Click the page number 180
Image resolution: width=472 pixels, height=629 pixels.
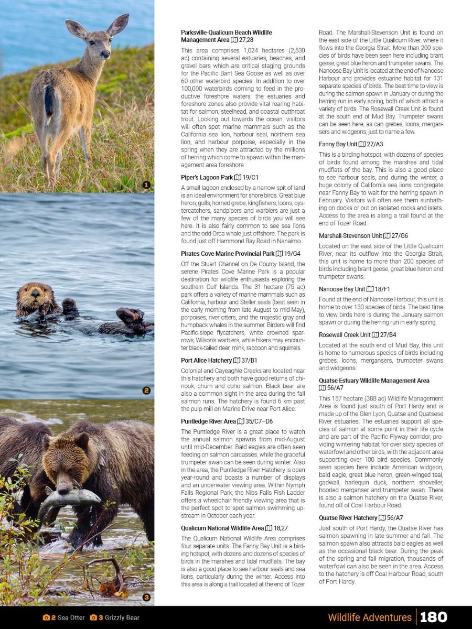pyautogui.click(x=433, y=617)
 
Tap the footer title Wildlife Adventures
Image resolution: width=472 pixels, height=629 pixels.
pyautogui.click(x=369, y=617)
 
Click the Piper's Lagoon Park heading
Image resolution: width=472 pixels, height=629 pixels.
pyautogui.click(x=206, y=178)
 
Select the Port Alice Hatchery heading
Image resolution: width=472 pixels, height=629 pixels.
pyautogui.click(x=206, y=361)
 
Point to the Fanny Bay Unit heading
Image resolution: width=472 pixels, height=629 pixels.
pyautogui.click(x=338, y=144)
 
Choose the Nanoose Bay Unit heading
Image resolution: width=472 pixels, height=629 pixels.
pyautogui.click(x=342, y=289)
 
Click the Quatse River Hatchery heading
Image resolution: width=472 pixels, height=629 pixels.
pyautogui.click(x=348, y=518)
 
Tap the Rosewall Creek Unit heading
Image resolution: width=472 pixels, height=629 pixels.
pyautogui.click(x=345, y=334)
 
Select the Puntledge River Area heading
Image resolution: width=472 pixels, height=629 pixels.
pyautogui.click(x=208, y=421)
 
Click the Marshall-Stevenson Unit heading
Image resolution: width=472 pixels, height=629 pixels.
pyautogui.click(x=350, y=236)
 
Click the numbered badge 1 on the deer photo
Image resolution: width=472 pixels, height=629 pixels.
pyautogui.click(x=146, y=185)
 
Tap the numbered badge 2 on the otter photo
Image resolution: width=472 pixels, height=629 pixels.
pyautogui.click(x=146, y=390)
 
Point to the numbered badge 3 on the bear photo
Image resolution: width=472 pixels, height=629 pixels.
pyautogui.click(x=146, y=597)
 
